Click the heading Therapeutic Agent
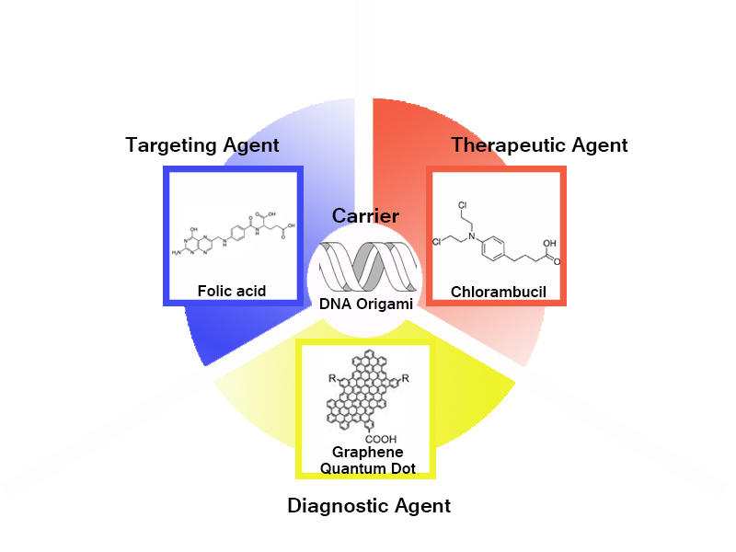click(539, 144)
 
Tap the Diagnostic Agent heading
click(369, 505)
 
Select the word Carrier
click(365, 216)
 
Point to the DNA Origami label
click(365, 304)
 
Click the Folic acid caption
click(232, 291)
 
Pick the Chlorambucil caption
click(498, 293)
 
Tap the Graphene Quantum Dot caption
click(367, 460)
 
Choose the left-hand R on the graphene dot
click(332, 378)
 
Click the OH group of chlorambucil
click(549, 246)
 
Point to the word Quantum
click(348, 468)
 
